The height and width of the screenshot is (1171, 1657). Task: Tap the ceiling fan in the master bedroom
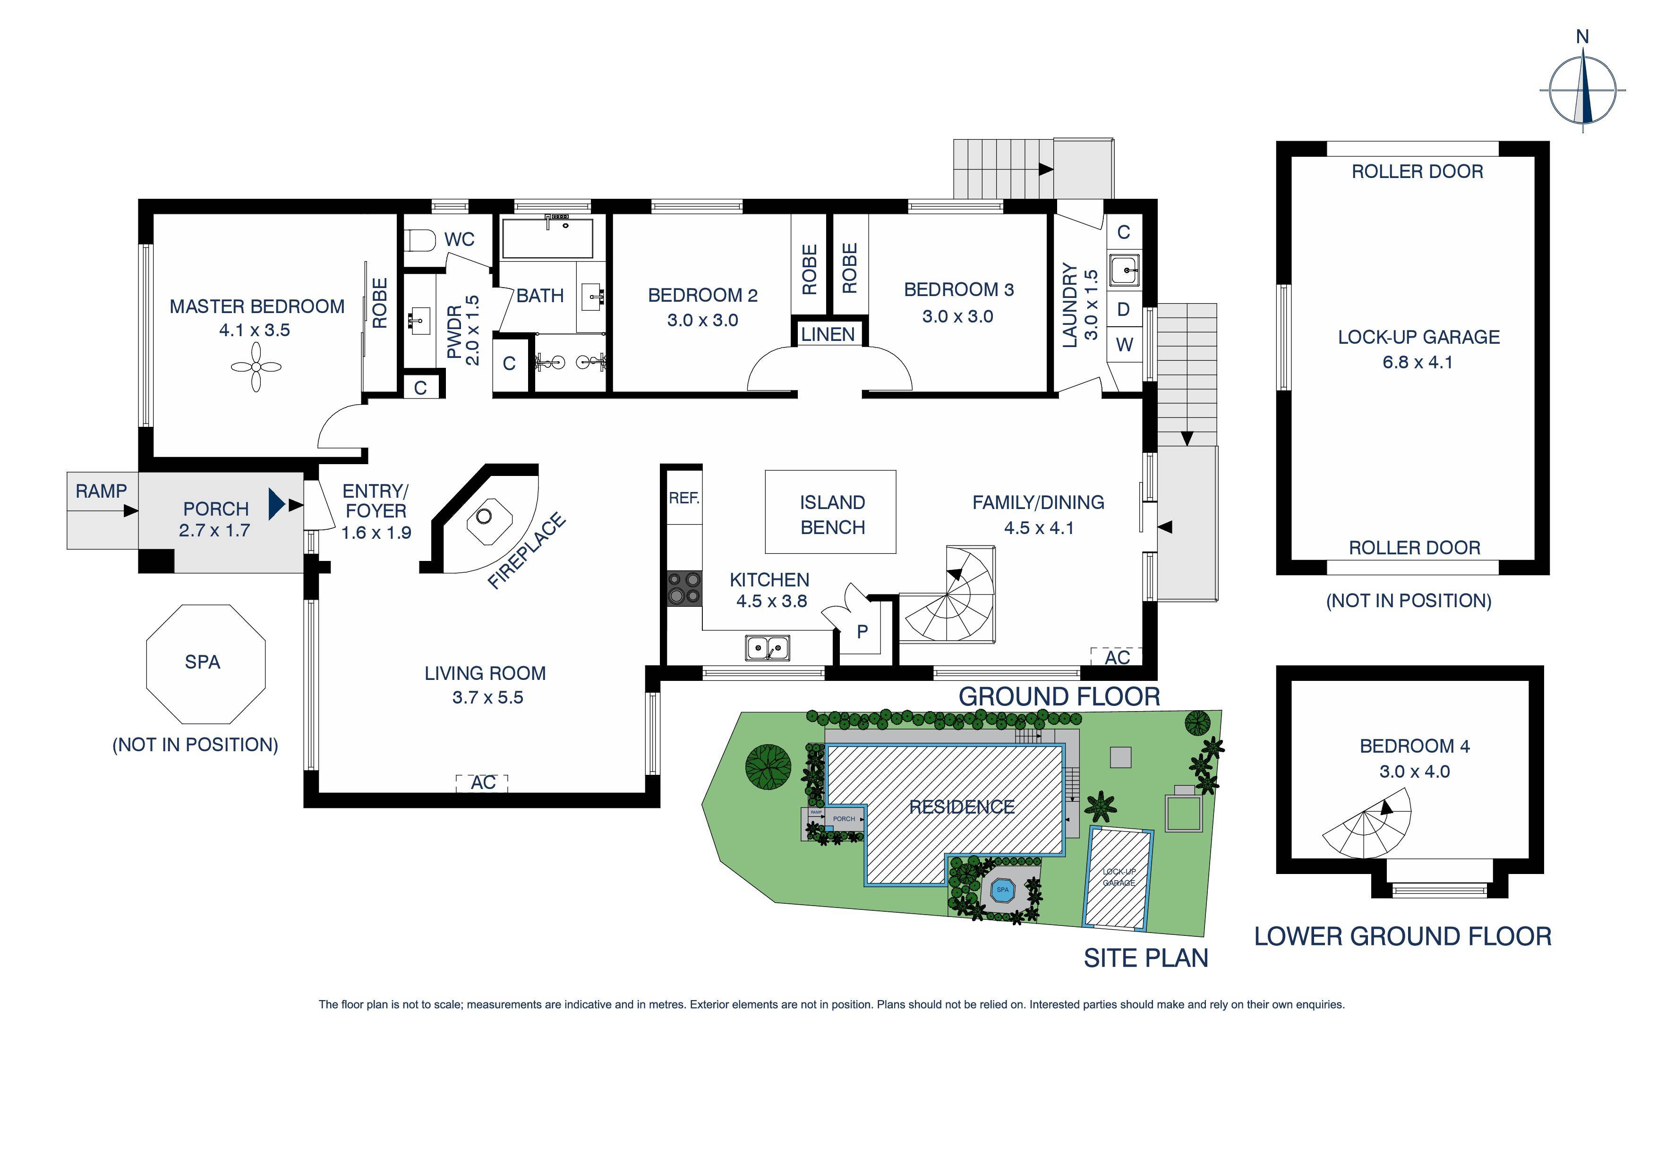[x=256, y=367]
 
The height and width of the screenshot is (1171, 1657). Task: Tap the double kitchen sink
[x=767, y=648]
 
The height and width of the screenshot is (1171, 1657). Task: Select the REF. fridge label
[x=683, y=498]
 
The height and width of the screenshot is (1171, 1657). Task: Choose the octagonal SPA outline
[x=205, y=664]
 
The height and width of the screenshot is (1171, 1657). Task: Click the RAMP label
[x=101, y=492]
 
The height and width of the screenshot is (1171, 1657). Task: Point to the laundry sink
[x=1124, y=270]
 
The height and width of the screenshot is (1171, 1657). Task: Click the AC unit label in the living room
[x=483, y=783]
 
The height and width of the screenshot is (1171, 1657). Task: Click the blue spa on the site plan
[x=1002, y=890]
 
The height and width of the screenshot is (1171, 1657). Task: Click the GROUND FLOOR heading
[x=1059, y=697]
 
